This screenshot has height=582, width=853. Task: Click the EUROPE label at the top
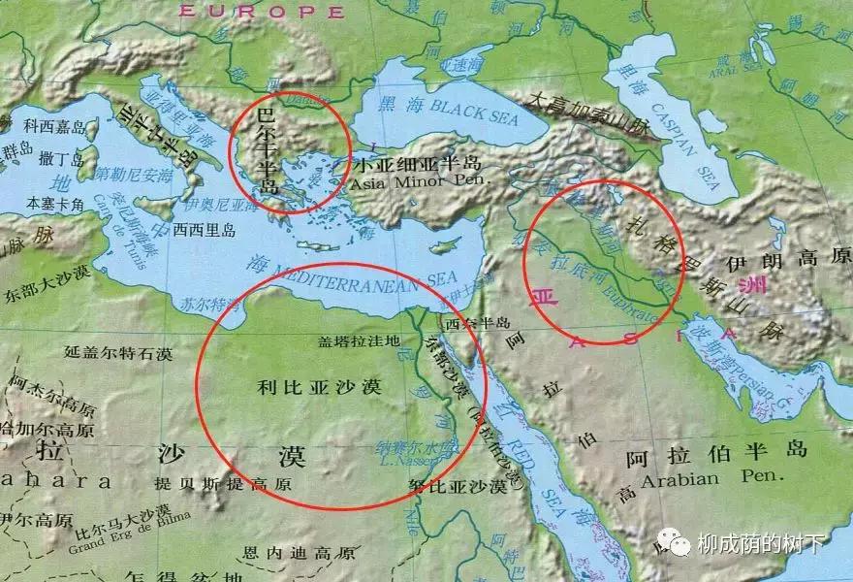click(262, 12)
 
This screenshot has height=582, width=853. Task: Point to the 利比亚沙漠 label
click(319, 386)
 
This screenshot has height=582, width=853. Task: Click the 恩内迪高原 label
click(299, 554)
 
